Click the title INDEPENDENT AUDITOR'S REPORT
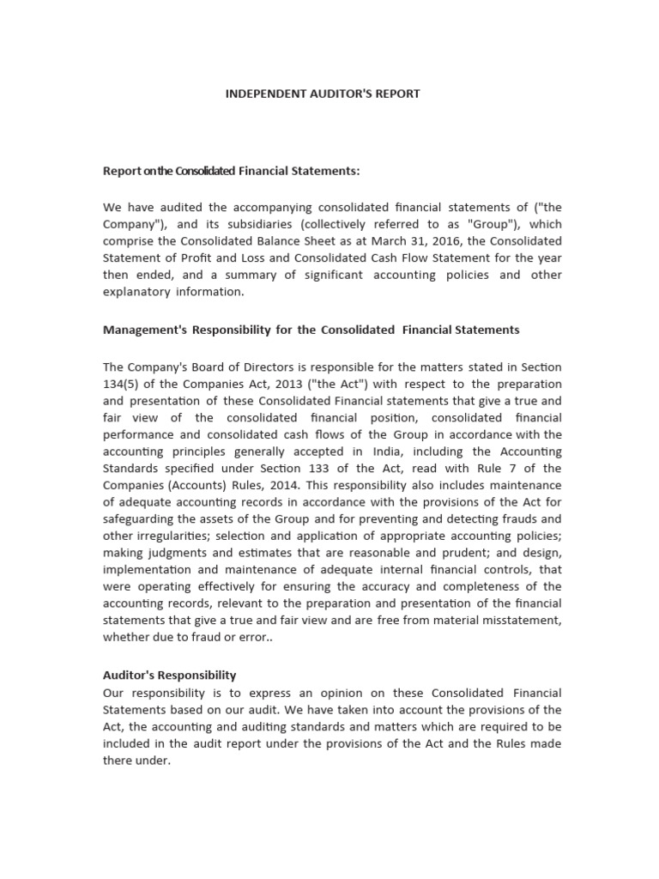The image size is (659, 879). tap(323, 94)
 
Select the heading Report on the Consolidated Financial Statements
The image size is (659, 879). tap(232, 171)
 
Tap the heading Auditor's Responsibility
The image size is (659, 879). tap(169, 676)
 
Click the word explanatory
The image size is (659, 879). tap(137, 291)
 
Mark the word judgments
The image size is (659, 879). tap(172, 552)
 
